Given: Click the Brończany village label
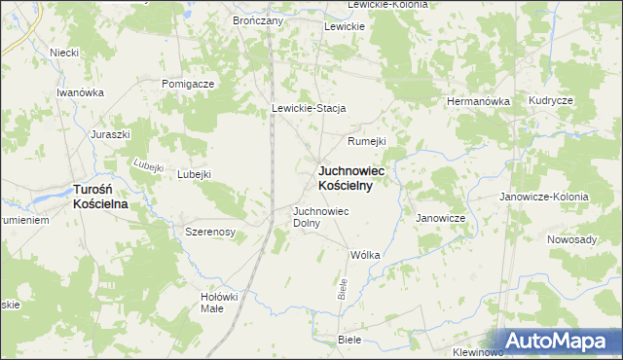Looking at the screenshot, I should (258, 19).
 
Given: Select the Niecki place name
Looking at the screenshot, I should (64, 53).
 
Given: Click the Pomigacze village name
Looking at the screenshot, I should (188, 84).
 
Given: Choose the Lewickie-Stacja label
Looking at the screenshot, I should (310, 108).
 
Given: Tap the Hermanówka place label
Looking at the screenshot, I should (478, 101).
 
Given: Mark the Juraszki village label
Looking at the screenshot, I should (110, 134).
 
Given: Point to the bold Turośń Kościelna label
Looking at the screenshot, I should (109, 198).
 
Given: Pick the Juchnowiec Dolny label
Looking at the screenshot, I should (320, 216).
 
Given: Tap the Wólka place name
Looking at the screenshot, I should (364, 255).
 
